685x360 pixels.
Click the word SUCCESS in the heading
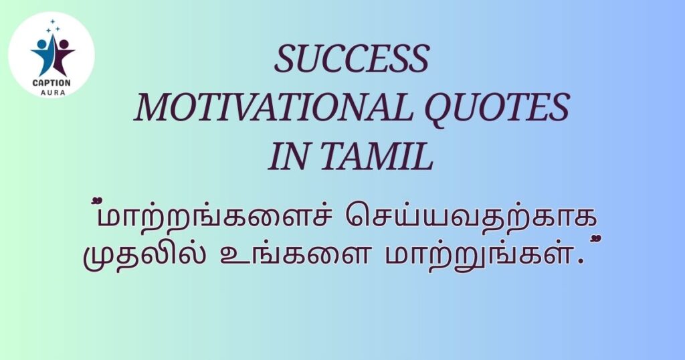352,60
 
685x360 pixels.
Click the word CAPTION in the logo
52,82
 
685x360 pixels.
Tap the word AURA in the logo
52,92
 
